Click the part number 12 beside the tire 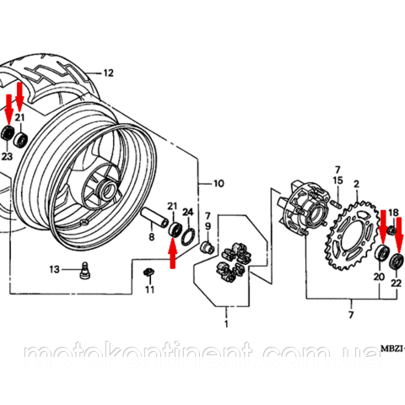[108, 73]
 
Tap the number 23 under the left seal [7, 156]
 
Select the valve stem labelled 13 [84, 270]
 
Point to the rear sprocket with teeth [352, 235]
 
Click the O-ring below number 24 [188, 237]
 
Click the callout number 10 [219, 184]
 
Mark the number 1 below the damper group [226, 324]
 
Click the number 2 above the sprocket [357, 184]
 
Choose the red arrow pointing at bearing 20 [383, 227]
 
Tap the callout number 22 [396, 283]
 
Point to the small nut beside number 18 [391, 230]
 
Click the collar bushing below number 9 [208, 247]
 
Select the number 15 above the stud [337, 181]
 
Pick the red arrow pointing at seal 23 [9, 110]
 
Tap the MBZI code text [392, 349]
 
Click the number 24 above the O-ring [188, 213]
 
